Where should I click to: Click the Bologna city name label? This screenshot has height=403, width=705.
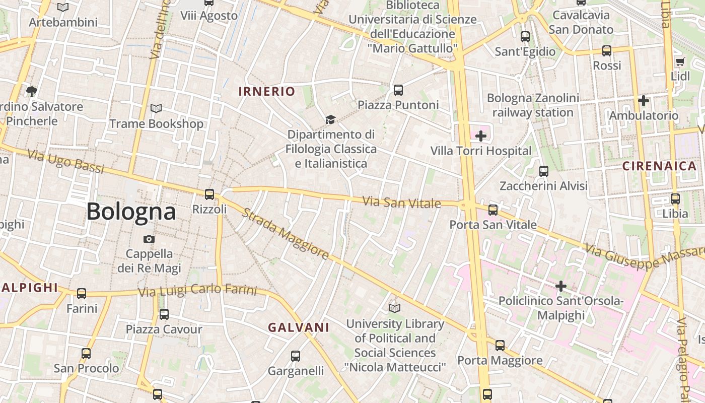pyautogui.click(x=131, y=212)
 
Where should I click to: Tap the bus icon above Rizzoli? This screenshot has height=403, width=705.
pyautogui.click(x=209, y=194)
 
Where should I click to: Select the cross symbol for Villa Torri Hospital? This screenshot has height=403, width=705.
pyautogui.click(x=481, y=136)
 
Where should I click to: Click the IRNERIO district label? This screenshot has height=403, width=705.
pyautogui.click(x=266, y=91)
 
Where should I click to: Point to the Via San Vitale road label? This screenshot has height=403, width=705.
pyautogui.click(x=402, y=203)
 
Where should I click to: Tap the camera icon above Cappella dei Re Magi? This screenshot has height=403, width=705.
pyautogui.click(x=149, y=239)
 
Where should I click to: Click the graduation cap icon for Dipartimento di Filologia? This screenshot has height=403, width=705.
pyautogui.click(x=330, y=119)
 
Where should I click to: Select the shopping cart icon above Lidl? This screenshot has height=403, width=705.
pyautogui.click(x=680, y=62)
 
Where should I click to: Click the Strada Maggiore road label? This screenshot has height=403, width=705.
pyautogui.click(x=286, y=234)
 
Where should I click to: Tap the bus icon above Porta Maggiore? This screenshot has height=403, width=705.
pyautogui.click(x=500, y=346)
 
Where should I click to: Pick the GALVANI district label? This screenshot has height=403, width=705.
pyautogui.click(x=299, y=327)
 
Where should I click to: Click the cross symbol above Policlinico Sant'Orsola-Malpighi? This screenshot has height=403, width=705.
pyautogui.click(x=560, y=287)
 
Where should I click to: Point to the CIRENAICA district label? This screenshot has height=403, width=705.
pyautogui.click(x=659, y=166)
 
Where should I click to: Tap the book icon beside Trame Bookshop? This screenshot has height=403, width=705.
pyautogui.click(x=156, y=109)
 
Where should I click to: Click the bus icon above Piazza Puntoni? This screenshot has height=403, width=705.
pyautogui.click(x=398, y=90)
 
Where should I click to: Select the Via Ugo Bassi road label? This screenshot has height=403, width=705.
pyautogui.click(x=65, y=162)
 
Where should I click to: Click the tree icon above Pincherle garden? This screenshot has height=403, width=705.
pyautogui.click(x=31, y=91)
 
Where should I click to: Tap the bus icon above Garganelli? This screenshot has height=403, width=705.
pyautogui.click(x=296, y=356)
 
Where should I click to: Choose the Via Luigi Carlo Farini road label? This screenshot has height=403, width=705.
pyautogui.click(x=197, y=291)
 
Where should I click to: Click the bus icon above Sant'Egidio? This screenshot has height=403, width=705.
pyautogui.click(x=525, y=37)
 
